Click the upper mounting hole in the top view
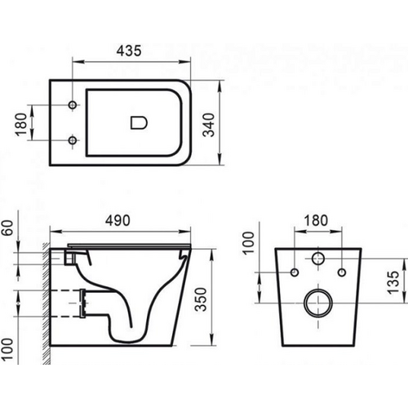click(73, 107)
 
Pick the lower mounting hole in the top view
click(73, 140)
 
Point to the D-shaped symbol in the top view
click(136, 124)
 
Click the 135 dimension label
click(394, 286)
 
